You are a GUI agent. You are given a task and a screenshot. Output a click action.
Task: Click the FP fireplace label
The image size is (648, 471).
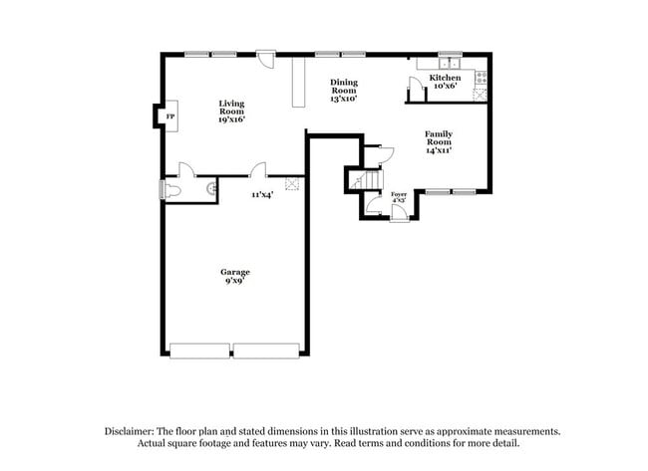click(169, 118)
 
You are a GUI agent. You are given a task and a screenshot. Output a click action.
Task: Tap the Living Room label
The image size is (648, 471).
click(232, 111)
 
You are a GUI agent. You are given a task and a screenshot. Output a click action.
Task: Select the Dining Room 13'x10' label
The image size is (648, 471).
click(344, 91)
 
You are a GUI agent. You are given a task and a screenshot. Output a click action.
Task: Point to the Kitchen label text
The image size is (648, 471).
click(445, 78)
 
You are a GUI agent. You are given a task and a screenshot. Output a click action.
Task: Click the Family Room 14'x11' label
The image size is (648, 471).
click(440, 141)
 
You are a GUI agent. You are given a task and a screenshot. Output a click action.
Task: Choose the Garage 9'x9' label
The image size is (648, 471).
click(235, 276)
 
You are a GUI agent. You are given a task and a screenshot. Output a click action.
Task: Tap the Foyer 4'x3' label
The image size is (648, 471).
click(399, 197)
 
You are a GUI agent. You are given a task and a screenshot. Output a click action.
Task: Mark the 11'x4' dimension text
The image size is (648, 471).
click(262, 195)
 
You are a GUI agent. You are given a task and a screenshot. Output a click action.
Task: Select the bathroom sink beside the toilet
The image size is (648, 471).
click(211, 186)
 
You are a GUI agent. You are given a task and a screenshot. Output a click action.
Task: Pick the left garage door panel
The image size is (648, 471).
click(200, 351)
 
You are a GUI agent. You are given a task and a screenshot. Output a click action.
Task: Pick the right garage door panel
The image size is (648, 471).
click(266, 351)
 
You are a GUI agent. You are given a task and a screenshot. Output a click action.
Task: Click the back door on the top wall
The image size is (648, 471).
click(266, 58)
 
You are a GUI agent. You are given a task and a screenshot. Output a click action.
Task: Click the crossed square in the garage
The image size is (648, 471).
click(292, 183)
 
